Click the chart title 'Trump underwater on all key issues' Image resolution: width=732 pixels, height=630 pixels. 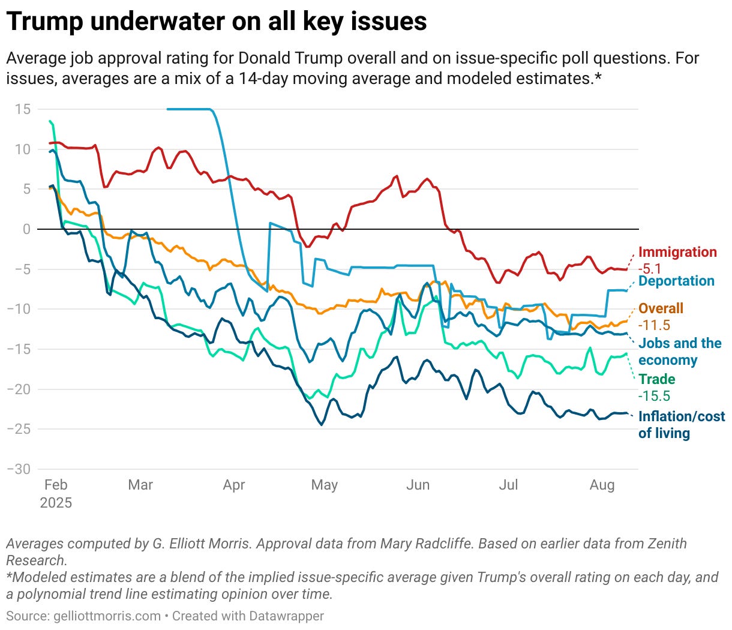(x=217, y=22)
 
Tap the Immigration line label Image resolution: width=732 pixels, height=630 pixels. (x=677, y=252)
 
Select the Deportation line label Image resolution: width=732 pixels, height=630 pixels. (x=676, y=281)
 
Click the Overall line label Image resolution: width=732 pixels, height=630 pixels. (x=661, y=308)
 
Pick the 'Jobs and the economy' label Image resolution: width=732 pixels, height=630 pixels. (x=679, y=352)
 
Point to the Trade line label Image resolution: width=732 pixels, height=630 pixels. (x=656, y=379)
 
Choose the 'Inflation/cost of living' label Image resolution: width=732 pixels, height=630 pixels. (x=681, y=425)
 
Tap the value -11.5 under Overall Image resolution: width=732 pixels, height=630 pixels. (x=654, y=325)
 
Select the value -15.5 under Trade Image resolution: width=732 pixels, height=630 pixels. (x=654, y=396)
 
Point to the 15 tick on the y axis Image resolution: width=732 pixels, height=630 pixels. (x=23, y=109)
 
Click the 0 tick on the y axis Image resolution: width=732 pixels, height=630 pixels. (x=26, y=229)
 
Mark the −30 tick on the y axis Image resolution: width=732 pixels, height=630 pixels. (x=19, y=469)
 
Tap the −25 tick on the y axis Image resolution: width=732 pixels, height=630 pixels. (x=19, y=429)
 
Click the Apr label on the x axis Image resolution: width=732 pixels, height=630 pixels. (x=233, y=485)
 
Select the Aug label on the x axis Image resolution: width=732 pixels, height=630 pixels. (x=602, y=485)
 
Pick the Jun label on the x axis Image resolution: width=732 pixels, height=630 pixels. (x=418, y=485)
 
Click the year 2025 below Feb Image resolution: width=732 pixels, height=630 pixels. (x=56, y=503)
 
